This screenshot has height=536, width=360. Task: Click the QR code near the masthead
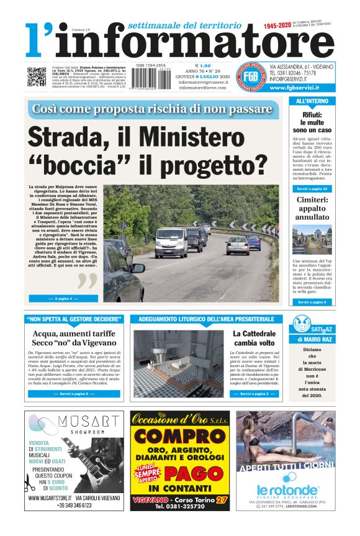click(x=37, y=76)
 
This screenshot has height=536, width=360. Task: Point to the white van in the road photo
click(x=172, y=240)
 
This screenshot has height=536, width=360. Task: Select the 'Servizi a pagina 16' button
click(x=312, y=188)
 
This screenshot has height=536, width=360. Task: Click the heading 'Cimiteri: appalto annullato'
click(x=312, y=209)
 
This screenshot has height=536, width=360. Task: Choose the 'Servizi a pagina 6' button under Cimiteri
click(x=312, y=302)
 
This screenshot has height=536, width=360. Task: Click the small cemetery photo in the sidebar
click(x=312, y=239)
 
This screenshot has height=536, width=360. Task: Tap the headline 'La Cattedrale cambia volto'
click(x=254, y=338)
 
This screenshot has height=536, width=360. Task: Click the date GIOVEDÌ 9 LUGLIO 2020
click(x=204, y=76)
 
